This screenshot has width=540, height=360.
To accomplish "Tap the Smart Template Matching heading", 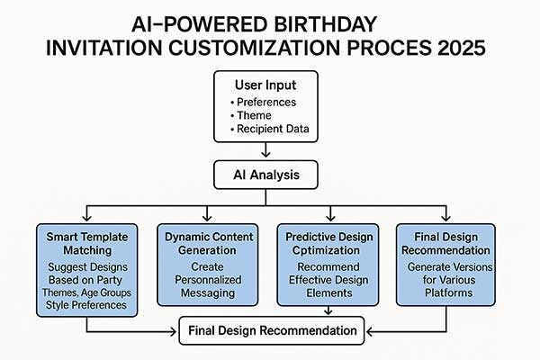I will (x=86, y=242).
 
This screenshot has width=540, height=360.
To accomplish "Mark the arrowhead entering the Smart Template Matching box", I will (x=86, y=219).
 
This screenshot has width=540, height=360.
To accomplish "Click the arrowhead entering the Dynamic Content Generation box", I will (x=206, y=219).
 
